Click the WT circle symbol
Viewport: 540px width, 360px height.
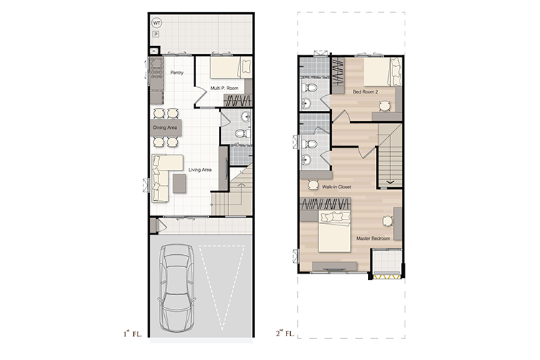pyautogui.click(x=157, y=23)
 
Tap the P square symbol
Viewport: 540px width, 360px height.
pyautogui.click(x=156, y=34)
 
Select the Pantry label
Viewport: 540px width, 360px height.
pyautogui.click(x=177, y=73)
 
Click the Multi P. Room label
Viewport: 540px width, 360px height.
pyautogui.click(x=225, y=88)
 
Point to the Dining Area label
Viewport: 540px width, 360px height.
pyautogui.click(x=165, y=127)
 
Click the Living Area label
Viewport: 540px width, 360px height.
pyautogui.click(x=199, y=170)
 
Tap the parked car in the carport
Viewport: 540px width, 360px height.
pyautogui.click(x=176, y=288)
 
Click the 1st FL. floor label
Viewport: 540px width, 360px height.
pyautogui.click(x=132, y=333)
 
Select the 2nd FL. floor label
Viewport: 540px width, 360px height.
pyautogui.click(x=285, y=333)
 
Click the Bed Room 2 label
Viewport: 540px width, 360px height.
pyautogui.click(x=365, y=92)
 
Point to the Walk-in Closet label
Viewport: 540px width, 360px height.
pyautogui.click(x=336, y=187)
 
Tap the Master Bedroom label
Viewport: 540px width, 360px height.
pyautogui.click(x=373, y=238)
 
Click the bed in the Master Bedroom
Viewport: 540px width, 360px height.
pyautogui.click(x=334, y=232)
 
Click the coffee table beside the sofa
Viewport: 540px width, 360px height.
pyautogui.click(x=179, y=184)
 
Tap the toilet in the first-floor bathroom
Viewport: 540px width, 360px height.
pyautogui.click(x=243, y=133)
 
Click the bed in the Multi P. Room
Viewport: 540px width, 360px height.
pyautogui.click(x=230, y=68)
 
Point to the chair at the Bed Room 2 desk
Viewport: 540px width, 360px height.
pyautogui.click(x=384, y=106)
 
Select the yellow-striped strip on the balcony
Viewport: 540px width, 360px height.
pyautogui.click(x=387, y=276)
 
